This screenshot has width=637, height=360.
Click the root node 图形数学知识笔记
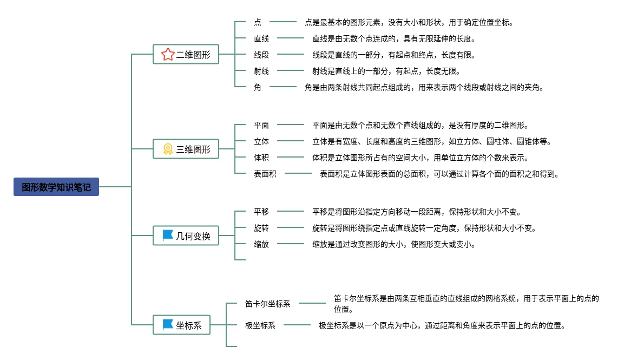pos(56,187)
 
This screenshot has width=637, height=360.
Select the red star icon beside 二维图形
pos(168,55)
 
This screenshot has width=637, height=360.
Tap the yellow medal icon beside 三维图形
pos(168,149)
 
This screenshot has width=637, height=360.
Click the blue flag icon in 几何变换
pos(168,235)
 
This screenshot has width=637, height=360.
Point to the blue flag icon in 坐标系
pos(168,325)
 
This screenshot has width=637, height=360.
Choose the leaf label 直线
pos(261,38)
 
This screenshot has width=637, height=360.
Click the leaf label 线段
pos(261,55)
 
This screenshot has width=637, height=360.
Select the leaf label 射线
pos(261,71)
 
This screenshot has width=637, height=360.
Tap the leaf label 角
pos(258,87)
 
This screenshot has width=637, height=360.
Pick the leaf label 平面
pos(261,125)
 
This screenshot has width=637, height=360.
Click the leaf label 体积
pos(261,158)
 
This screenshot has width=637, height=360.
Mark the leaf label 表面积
pos(265,174)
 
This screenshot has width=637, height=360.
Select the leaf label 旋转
pos(261,228)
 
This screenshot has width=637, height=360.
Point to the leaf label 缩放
pos(261,244)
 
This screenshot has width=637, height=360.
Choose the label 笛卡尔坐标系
pos(268,304)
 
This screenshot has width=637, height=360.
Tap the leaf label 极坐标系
pos(260,325)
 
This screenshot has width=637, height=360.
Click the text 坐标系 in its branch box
pos(189,325)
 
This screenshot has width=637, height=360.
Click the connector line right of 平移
pos(291,211)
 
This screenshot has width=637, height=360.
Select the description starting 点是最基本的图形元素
pos(409,22)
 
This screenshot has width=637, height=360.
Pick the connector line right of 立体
pos(291,141)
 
